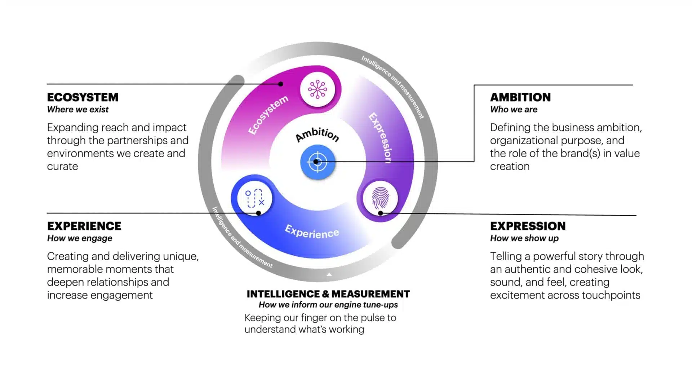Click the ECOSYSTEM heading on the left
(83, 97)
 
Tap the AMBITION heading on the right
(520, 97)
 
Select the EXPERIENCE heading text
(84, 226)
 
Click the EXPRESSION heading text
(528, 226)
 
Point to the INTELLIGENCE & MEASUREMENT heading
(328, 294)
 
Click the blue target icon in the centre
(318, 162)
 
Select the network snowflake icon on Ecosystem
(318, 89)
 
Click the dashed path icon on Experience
(254, 198)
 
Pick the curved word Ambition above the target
(317, 134)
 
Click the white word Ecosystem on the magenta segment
(268, 115)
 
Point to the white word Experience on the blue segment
(312, 232)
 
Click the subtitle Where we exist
(77, 110)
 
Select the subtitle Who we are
(514, 110)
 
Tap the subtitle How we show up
(524, 238)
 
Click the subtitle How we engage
(80, 238)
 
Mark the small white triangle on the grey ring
(329, 275)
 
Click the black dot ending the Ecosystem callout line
(280, 84)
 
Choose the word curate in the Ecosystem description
(62, 167)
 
